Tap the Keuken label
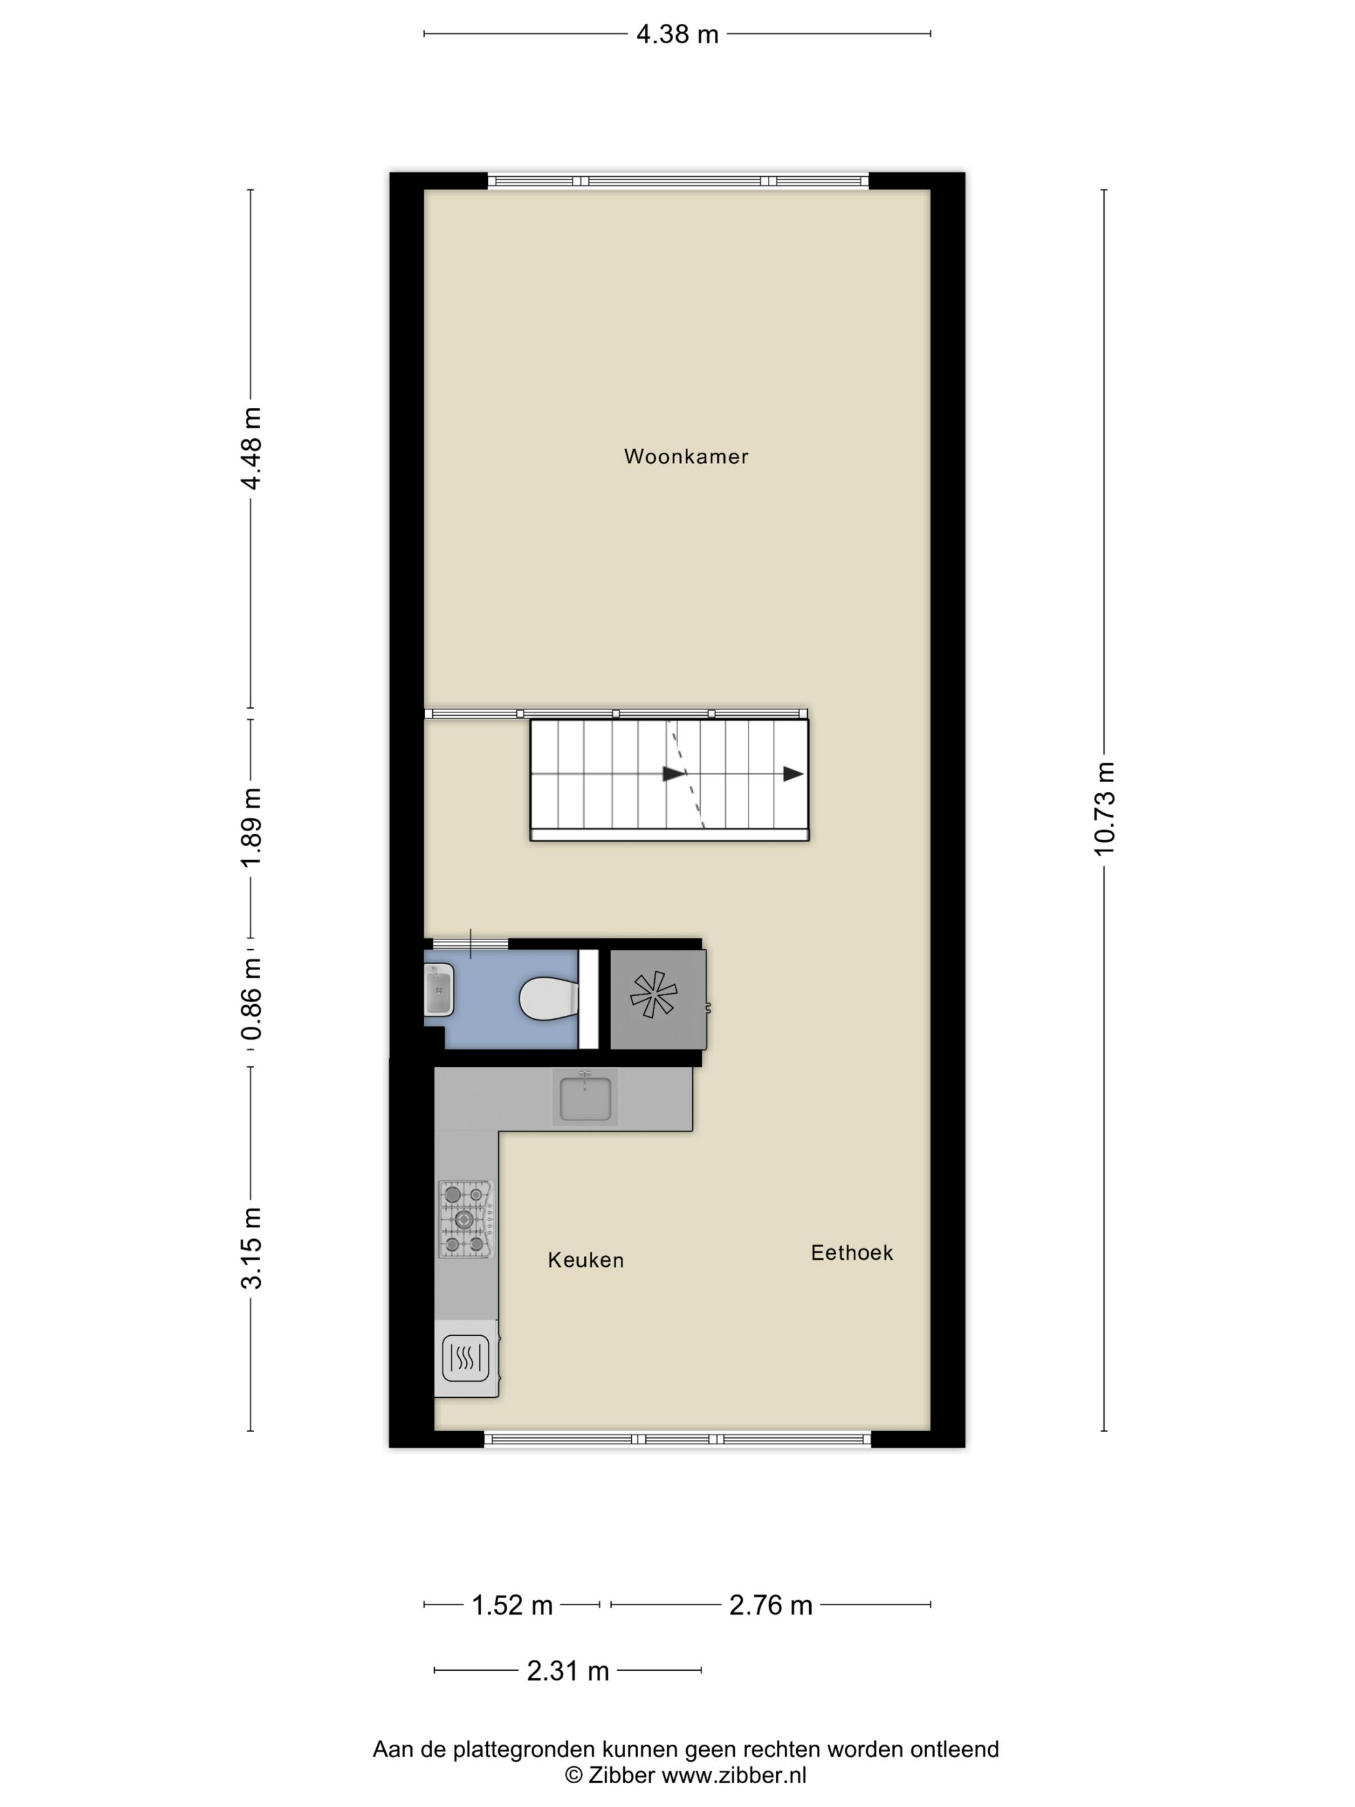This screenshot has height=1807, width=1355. click(585, 1260)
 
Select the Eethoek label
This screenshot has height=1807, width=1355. click(851, 1253)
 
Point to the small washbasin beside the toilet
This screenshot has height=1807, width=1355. click(439, 989)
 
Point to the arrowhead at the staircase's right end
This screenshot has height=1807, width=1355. click(792, 774)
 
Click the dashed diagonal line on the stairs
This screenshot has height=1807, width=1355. click(686, 774)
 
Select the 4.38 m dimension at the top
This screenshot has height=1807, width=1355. click(676, 34)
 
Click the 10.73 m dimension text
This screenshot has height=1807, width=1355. click(1103, 809)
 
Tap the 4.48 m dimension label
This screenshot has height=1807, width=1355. click(251, 448)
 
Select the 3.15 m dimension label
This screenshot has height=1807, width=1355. click(251, 1247)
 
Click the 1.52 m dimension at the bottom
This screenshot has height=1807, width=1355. click(512, 1605)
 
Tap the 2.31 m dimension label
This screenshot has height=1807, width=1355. click(568, 1671)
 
